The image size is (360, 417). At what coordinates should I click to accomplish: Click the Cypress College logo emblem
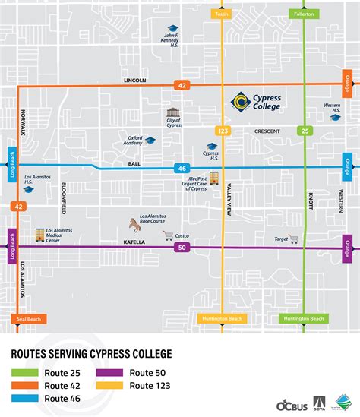point(240,101)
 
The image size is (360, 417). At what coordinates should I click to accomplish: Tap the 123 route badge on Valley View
point(223,131)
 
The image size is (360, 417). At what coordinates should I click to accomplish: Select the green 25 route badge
point(304,131)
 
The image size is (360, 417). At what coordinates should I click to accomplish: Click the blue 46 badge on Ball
point(182,168)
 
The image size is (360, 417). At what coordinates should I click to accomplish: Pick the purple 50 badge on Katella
point(182,248)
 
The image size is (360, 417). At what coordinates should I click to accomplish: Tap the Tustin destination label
point(222,14)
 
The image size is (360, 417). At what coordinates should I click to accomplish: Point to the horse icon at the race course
point(136,224)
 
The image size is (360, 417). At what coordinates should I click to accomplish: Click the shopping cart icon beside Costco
point(168,236)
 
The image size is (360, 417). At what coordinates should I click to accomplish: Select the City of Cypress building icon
point(172,113)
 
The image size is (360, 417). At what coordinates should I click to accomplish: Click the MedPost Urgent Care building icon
point(213,178)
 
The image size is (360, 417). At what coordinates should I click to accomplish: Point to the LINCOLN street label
point(134,80)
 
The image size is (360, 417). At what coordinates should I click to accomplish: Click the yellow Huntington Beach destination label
point(222,319)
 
